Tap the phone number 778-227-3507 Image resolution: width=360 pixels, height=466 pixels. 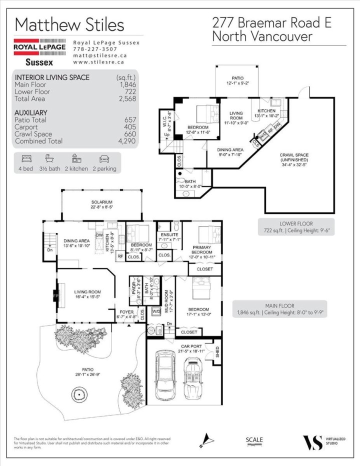pos(95,49)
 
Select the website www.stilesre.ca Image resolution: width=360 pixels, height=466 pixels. pos(98,62)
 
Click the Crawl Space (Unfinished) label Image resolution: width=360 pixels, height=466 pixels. pos(297,158)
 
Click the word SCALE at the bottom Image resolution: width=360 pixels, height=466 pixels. pos(254,440)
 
